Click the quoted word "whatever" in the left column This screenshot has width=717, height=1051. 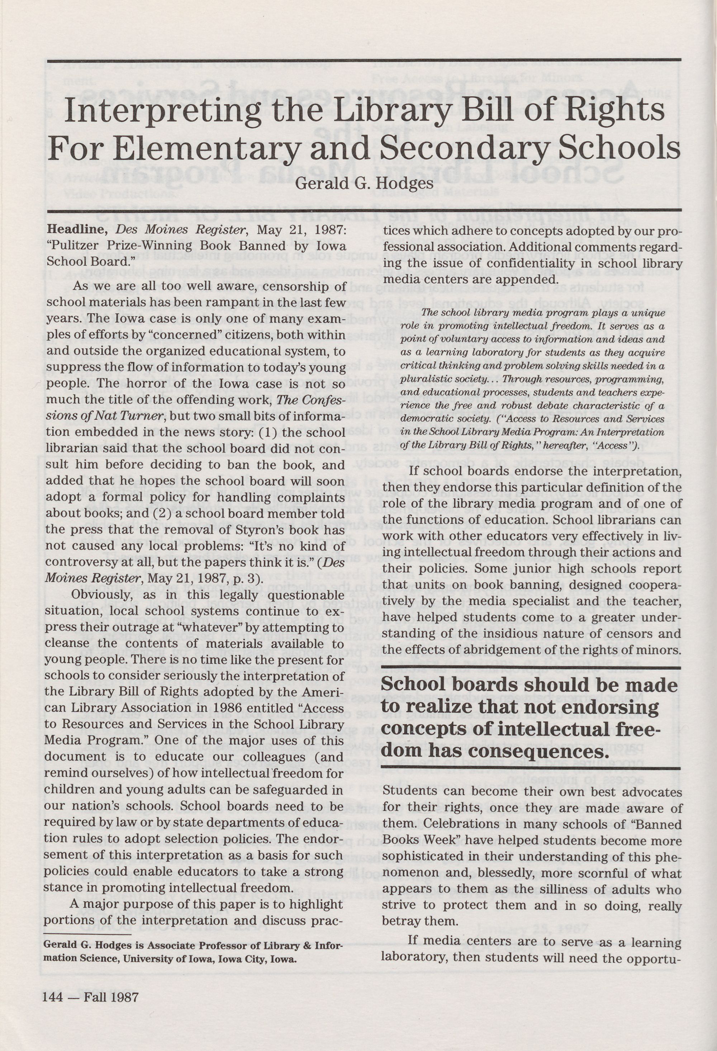coord(229,628)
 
